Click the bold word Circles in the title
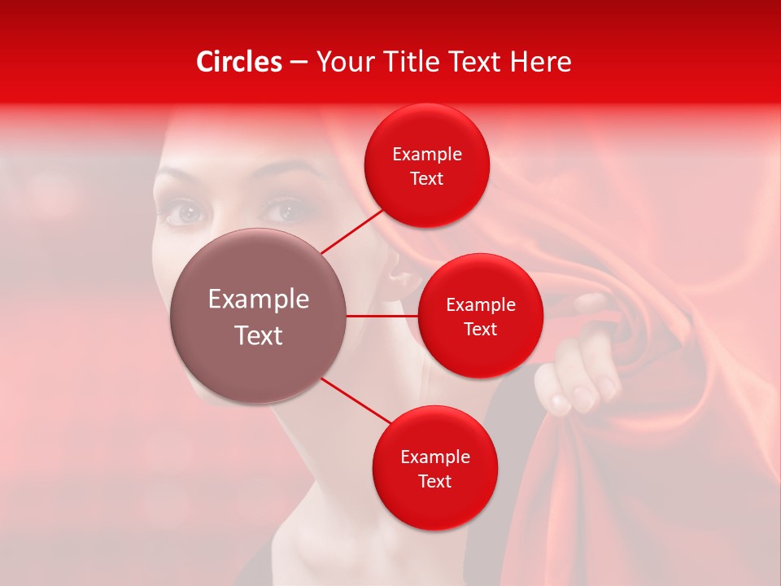[239, 62]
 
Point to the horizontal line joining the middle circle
[382, 316]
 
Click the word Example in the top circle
[427, 155]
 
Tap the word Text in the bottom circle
[434, 481]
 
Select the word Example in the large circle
[259, 300]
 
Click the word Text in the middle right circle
[480, 329]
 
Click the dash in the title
[298, 62]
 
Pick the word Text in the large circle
[259, 335]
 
